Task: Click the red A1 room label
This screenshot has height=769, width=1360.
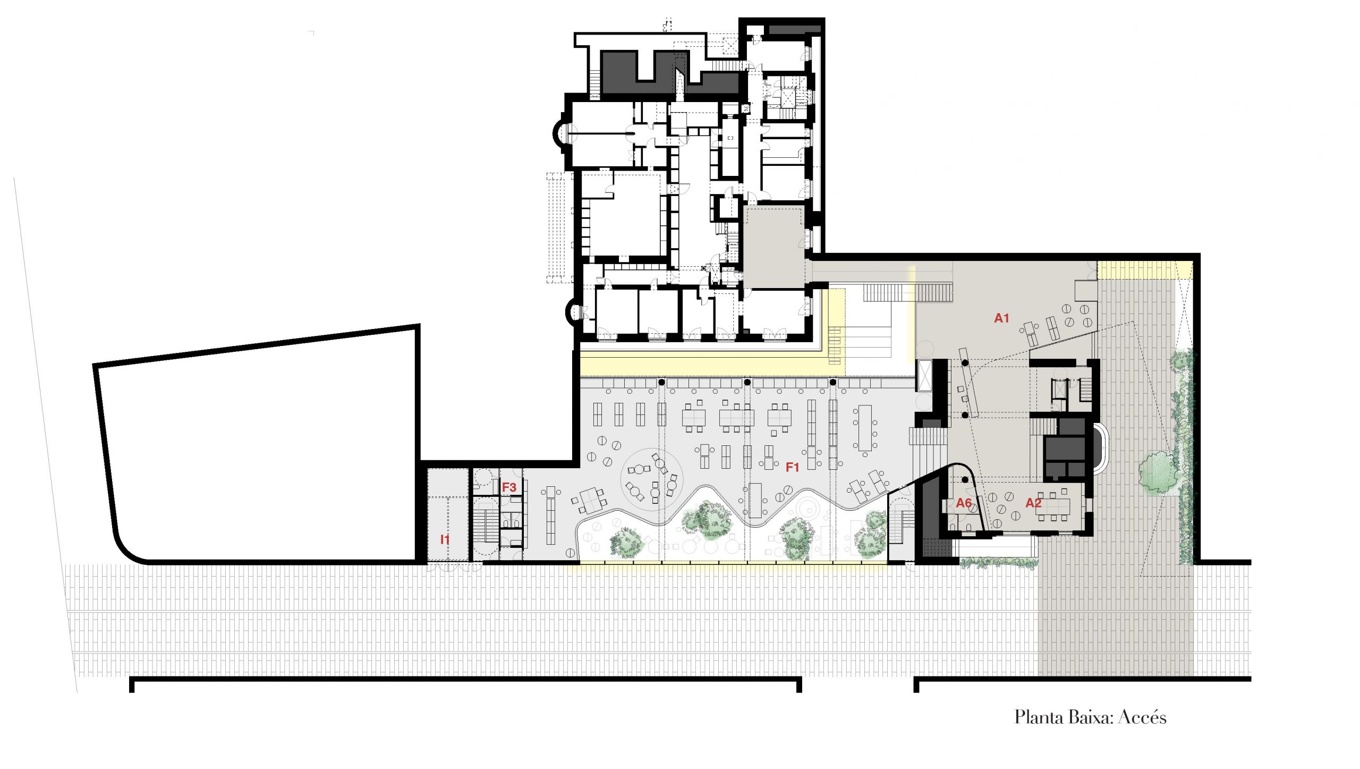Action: [x=1001, y=318]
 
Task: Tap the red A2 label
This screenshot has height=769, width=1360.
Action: [x=1033, y=503]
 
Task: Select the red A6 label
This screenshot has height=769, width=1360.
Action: [x=964, y=503]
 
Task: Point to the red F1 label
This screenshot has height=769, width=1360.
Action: [x=792, y=467]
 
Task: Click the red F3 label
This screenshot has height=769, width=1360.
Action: [x=509, y=487]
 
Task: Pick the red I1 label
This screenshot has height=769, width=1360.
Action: [x=445, y=539]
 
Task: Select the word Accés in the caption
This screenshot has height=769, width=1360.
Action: [x=1142, y=717]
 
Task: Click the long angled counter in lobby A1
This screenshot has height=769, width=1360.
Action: [x=968, y=382]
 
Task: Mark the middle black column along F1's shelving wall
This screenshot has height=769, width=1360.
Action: [x=747, y=382]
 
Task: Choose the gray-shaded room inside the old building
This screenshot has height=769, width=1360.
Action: [x=773, y=248]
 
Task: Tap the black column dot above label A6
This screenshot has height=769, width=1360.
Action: [x=965, y=479]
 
